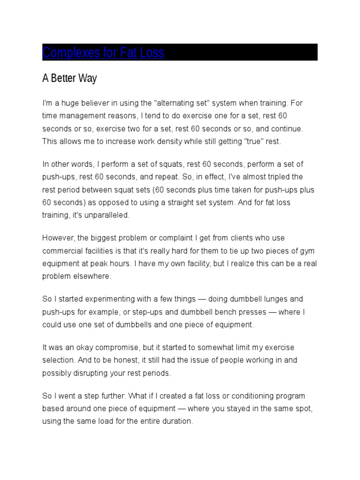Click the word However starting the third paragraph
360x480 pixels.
click(x=57, y=238)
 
